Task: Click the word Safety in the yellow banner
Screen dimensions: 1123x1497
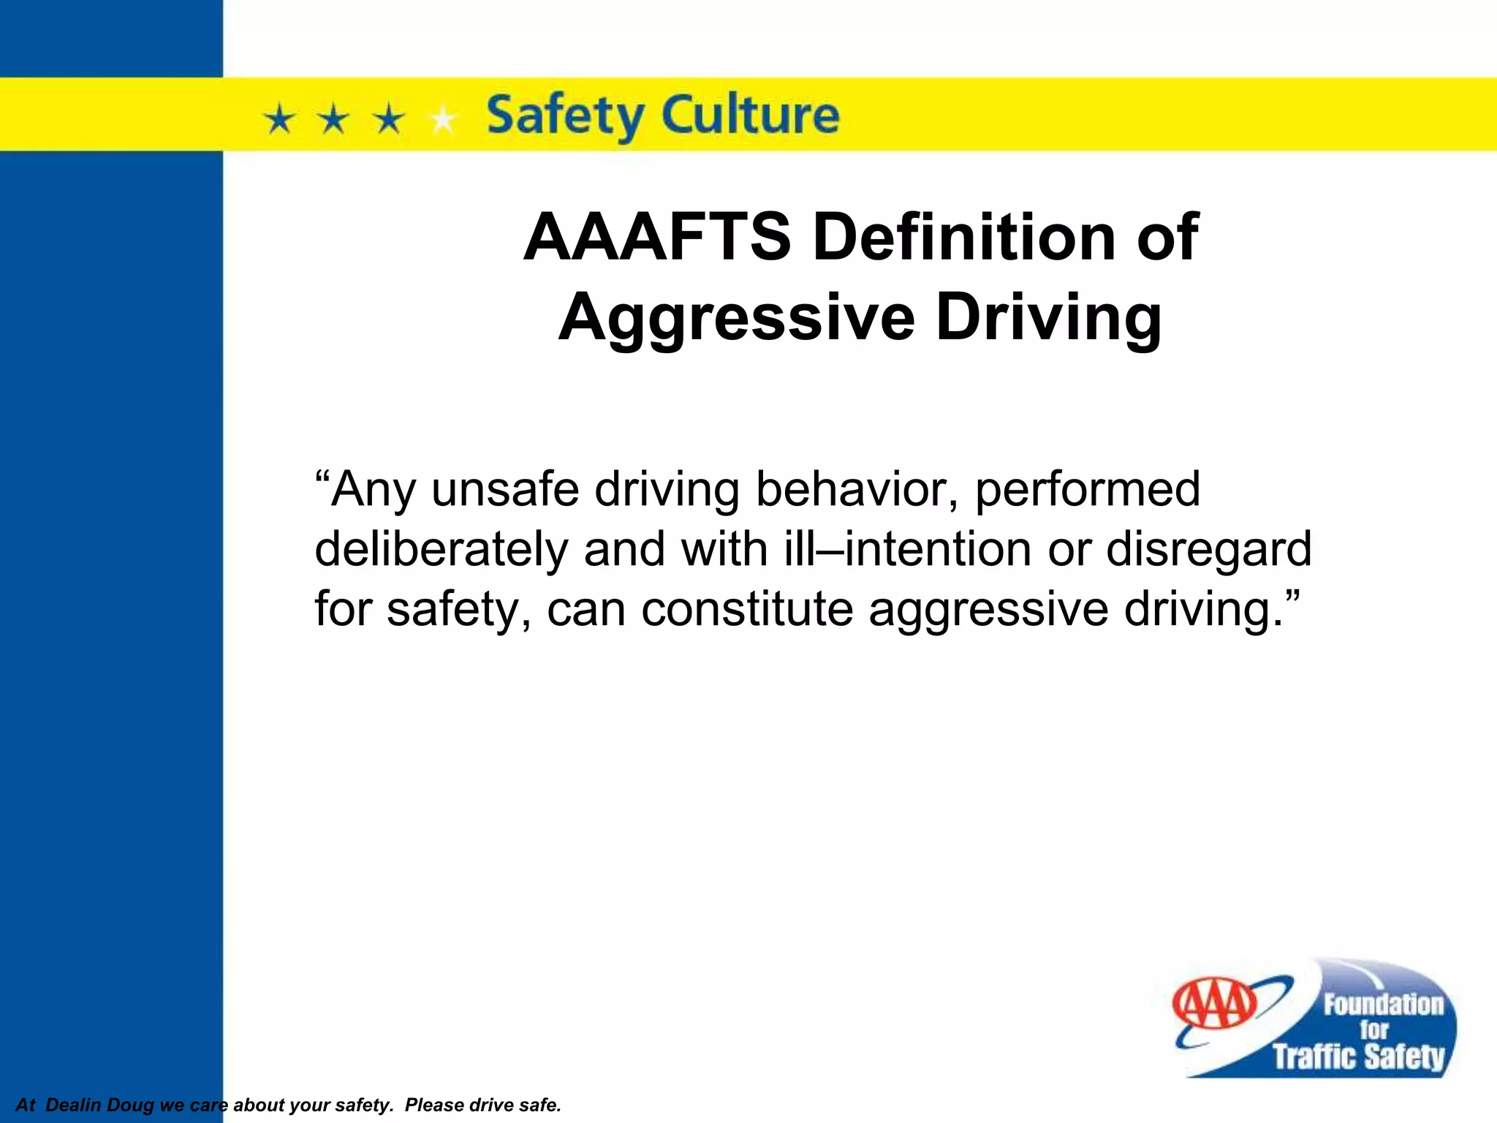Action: pyautogui.click(x=564, y=116)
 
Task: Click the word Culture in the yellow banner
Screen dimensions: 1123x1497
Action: pyautogui.click(x=751, y=116)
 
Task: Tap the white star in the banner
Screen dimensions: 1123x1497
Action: pyautogui.click(x=442, y=118)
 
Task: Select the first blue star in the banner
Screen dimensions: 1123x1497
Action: pyautogui.click(x=279, y=118)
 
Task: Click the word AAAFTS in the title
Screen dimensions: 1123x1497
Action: pyautogui.click(x=657, y=237)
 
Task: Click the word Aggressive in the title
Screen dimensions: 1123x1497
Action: pyautogui.click(x=736, y=317)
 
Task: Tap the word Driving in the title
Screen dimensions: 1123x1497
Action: pyautogui.click(x=1049, y=317)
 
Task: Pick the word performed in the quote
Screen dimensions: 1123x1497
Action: pyautogui.click(x=1088, y=490)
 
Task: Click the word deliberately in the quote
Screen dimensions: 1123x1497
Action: pyautogui.click(x=441, y=550)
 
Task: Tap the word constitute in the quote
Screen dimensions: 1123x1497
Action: pyautogui.click(x=746, y=609)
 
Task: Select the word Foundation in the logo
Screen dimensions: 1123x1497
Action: pyautogui.click(x=1383, y=1005)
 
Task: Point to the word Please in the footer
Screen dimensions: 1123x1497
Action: pyautogui.click(x=433, y=1105)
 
